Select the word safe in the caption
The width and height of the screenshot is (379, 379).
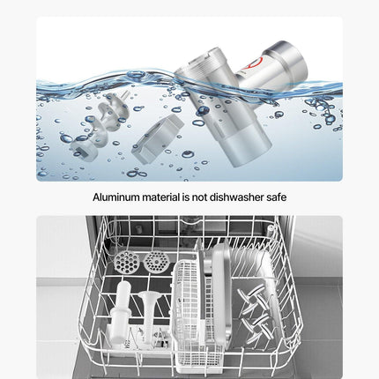(277, 197)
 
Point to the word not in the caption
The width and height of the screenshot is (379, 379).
(199, 197)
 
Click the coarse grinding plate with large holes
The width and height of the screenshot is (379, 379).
(125, 262)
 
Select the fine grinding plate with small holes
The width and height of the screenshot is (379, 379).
(157, 262)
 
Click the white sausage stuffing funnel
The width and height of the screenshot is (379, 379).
(149, 316)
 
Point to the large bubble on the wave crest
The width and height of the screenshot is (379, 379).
(136, 74)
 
